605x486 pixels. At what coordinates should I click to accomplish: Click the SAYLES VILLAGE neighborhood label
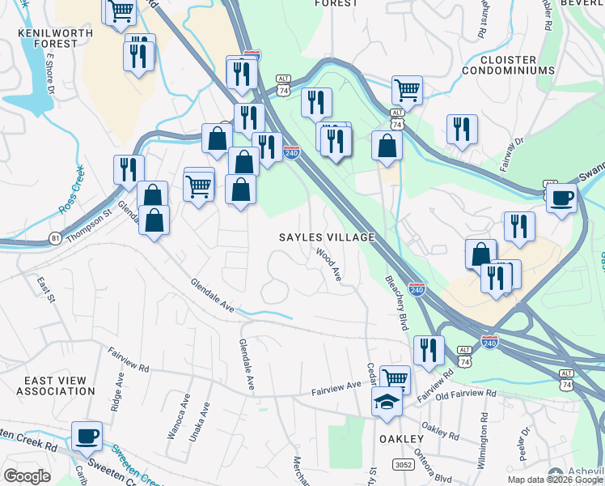pos(327,237)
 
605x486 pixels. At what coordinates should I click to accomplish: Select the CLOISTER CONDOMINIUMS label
pos(509,65)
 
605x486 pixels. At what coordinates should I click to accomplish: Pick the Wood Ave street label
pos(329,266)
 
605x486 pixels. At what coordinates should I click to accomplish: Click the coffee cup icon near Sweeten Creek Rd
pos(87,436)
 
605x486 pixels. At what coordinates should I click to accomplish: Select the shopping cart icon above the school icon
pos(395,377)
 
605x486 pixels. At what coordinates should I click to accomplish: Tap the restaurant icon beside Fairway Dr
pos(462,129)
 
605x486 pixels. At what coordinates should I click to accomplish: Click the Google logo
pos(27,476)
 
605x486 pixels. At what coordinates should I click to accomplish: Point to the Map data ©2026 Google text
pos(555,479)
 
